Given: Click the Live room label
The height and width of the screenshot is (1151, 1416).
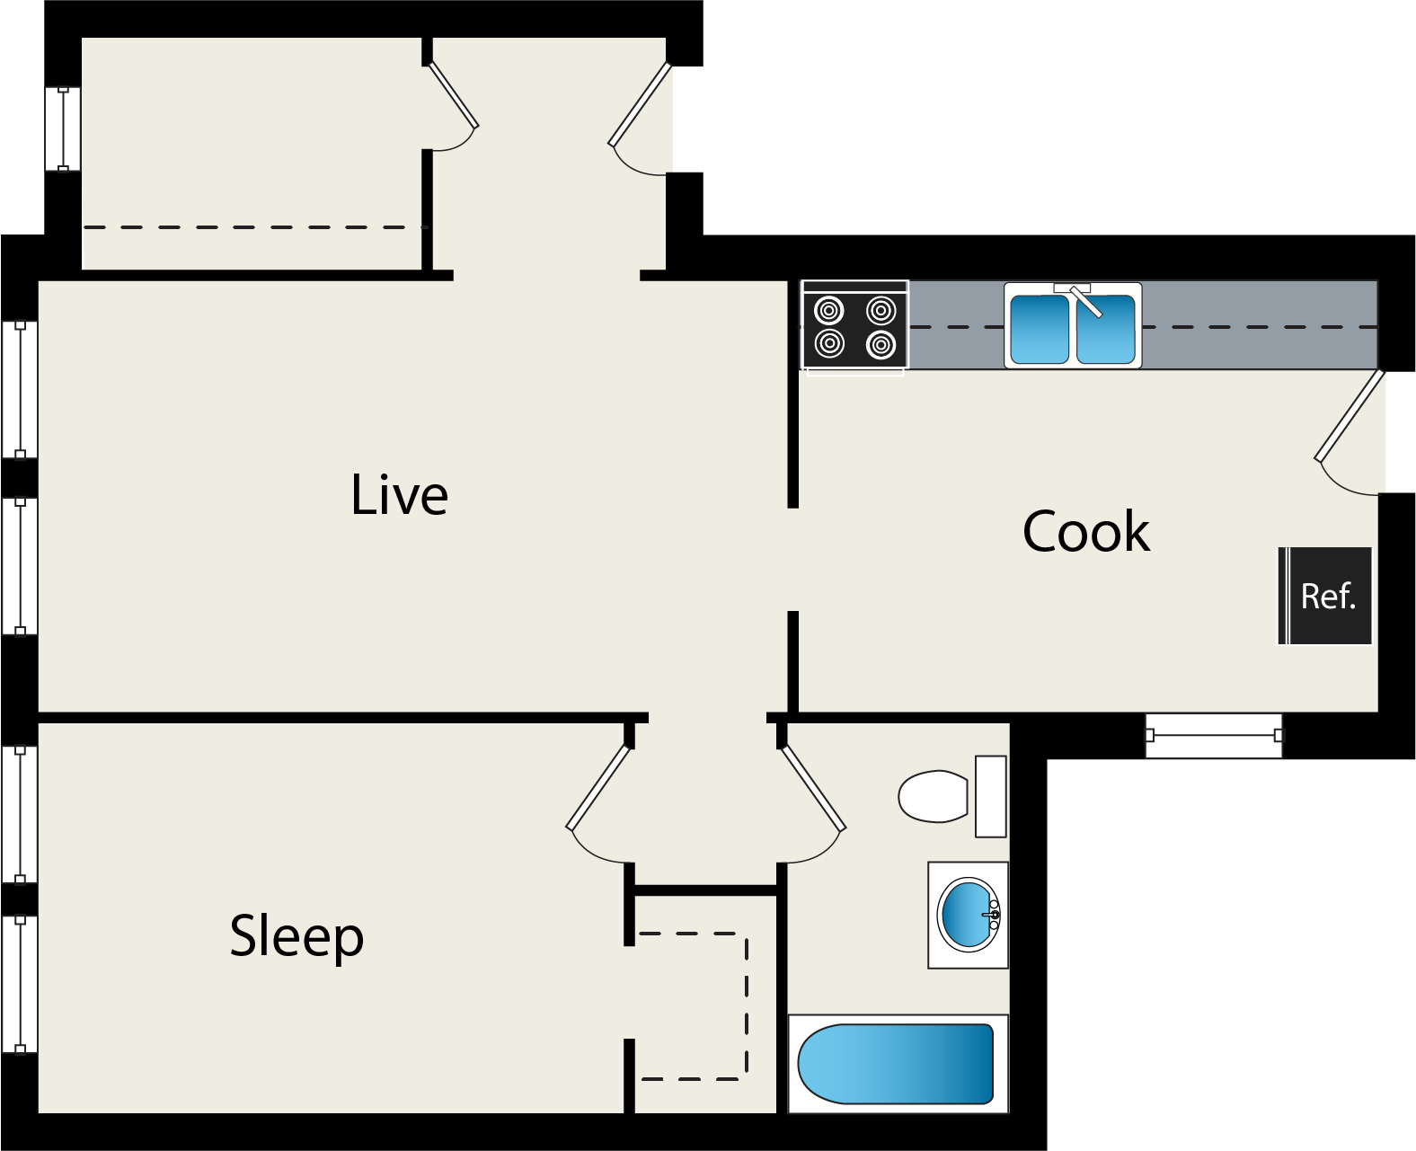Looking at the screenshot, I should [x=399, y=495].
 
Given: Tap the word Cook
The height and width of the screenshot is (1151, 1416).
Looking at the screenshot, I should [x=1085, y=532].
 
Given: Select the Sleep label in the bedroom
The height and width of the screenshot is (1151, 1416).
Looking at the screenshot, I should [x=296, y=936].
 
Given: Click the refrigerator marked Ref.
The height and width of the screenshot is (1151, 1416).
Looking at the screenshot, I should [x=1326, y=596].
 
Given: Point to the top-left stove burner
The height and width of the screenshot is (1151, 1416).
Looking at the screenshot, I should [x=828, y=312].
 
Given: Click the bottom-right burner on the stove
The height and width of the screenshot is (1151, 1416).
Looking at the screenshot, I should [x=881, y=344].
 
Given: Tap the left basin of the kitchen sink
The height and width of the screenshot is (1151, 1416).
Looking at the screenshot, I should [x=1039, y=329].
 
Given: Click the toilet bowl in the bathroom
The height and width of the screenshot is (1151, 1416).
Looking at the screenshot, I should [x=934, y=795].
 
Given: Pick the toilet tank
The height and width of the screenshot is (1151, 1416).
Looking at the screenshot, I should [x=991, y=796].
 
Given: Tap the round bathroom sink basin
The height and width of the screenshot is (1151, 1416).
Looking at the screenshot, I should [x=968, y=915].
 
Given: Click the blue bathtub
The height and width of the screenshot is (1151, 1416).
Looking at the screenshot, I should [x=896, y=1064].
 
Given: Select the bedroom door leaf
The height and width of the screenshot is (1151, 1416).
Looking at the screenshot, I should [x=598, y=787].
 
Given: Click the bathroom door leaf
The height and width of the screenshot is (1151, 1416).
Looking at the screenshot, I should [x=814, y=787].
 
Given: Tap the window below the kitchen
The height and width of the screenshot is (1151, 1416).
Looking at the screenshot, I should [x=1214, y=735].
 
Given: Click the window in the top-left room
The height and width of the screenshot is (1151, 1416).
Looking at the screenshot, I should [x=63, y=128].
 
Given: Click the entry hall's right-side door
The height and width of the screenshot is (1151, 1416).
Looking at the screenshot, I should [x=640, y=104].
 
